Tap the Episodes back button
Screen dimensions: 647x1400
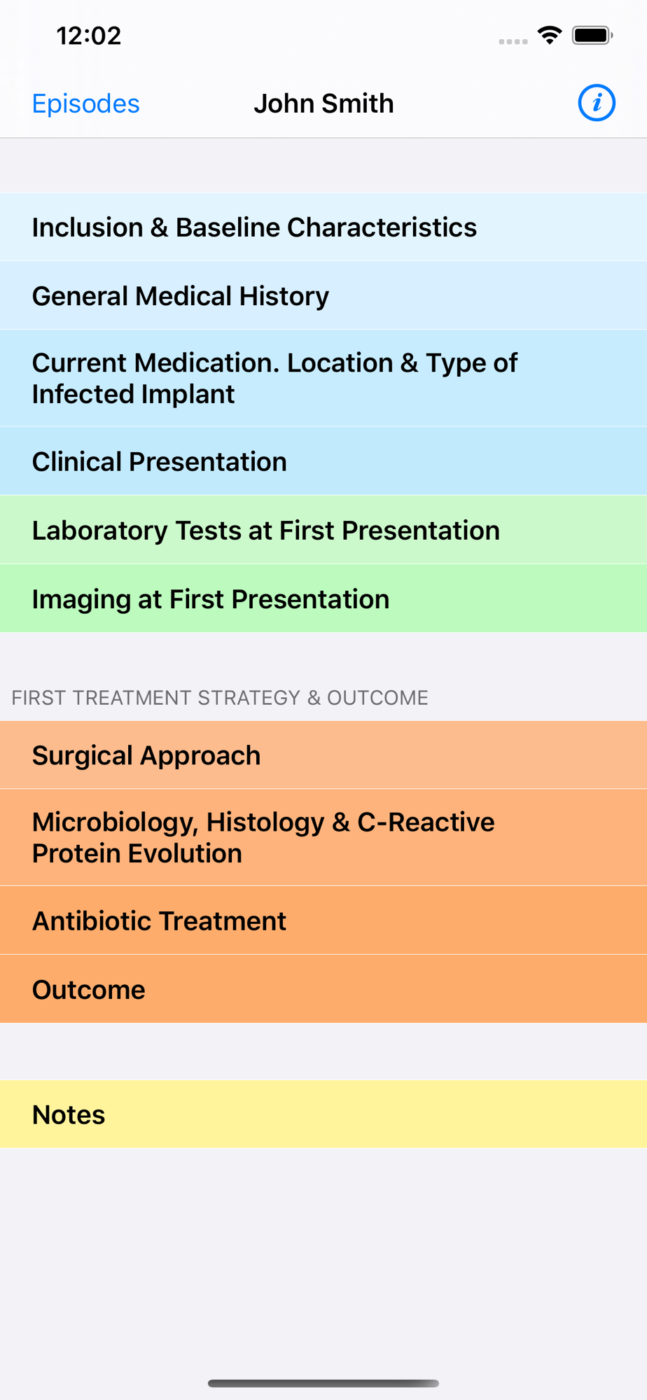85,104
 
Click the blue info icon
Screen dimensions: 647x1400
597,103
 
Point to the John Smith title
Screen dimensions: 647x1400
323,104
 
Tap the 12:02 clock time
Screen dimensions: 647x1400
89,36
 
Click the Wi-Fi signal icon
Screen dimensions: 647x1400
550,35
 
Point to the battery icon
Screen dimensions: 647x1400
592,35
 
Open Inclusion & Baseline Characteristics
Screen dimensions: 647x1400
323,227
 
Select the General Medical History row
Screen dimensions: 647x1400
323,296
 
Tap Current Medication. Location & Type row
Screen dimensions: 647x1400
323,378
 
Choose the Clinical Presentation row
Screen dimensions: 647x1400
323,462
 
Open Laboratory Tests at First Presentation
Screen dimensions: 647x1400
323,531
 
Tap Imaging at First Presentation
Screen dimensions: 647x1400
323,599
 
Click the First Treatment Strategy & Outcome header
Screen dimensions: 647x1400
220,698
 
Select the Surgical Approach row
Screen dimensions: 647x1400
323,755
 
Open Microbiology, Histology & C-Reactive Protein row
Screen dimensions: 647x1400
323,838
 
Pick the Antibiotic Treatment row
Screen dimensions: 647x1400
323,921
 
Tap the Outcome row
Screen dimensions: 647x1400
323,990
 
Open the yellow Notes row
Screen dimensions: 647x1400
323,1114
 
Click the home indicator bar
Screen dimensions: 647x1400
323,1383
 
